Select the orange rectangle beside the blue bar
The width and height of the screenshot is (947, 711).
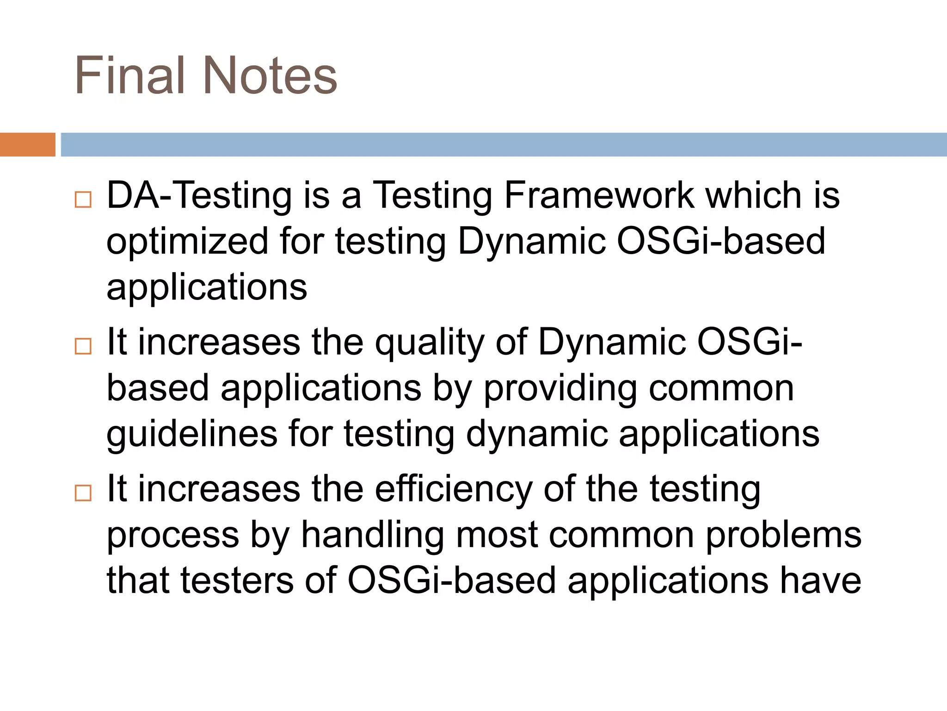coord(27,144)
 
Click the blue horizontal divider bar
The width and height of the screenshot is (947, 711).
coord(504,144)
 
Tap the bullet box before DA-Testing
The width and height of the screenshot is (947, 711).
coord(83,200)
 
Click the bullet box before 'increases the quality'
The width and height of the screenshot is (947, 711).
coord(83,346)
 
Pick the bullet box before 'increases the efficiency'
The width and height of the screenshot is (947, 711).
coord(83,493)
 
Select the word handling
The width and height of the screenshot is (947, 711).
coord(372,536)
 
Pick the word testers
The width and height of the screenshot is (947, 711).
coord(237,580)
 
